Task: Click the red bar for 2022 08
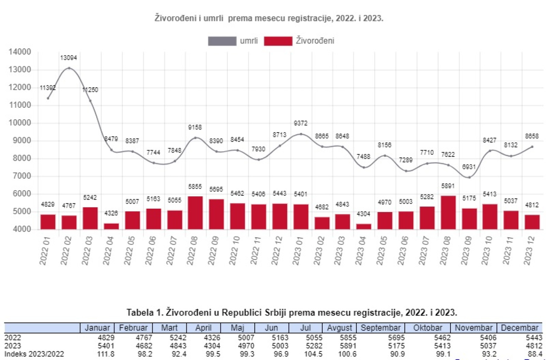point(195,213)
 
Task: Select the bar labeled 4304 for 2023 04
point(364,226)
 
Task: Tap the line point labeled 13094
point(69,68)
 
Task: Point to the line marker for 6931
point(469,177)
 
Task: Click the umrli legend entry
point(232,41)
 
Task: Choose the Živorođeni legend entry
point(299,41)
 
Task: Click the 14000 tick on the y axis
point(20,52)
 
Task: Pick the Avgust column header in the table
point(340,328)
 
